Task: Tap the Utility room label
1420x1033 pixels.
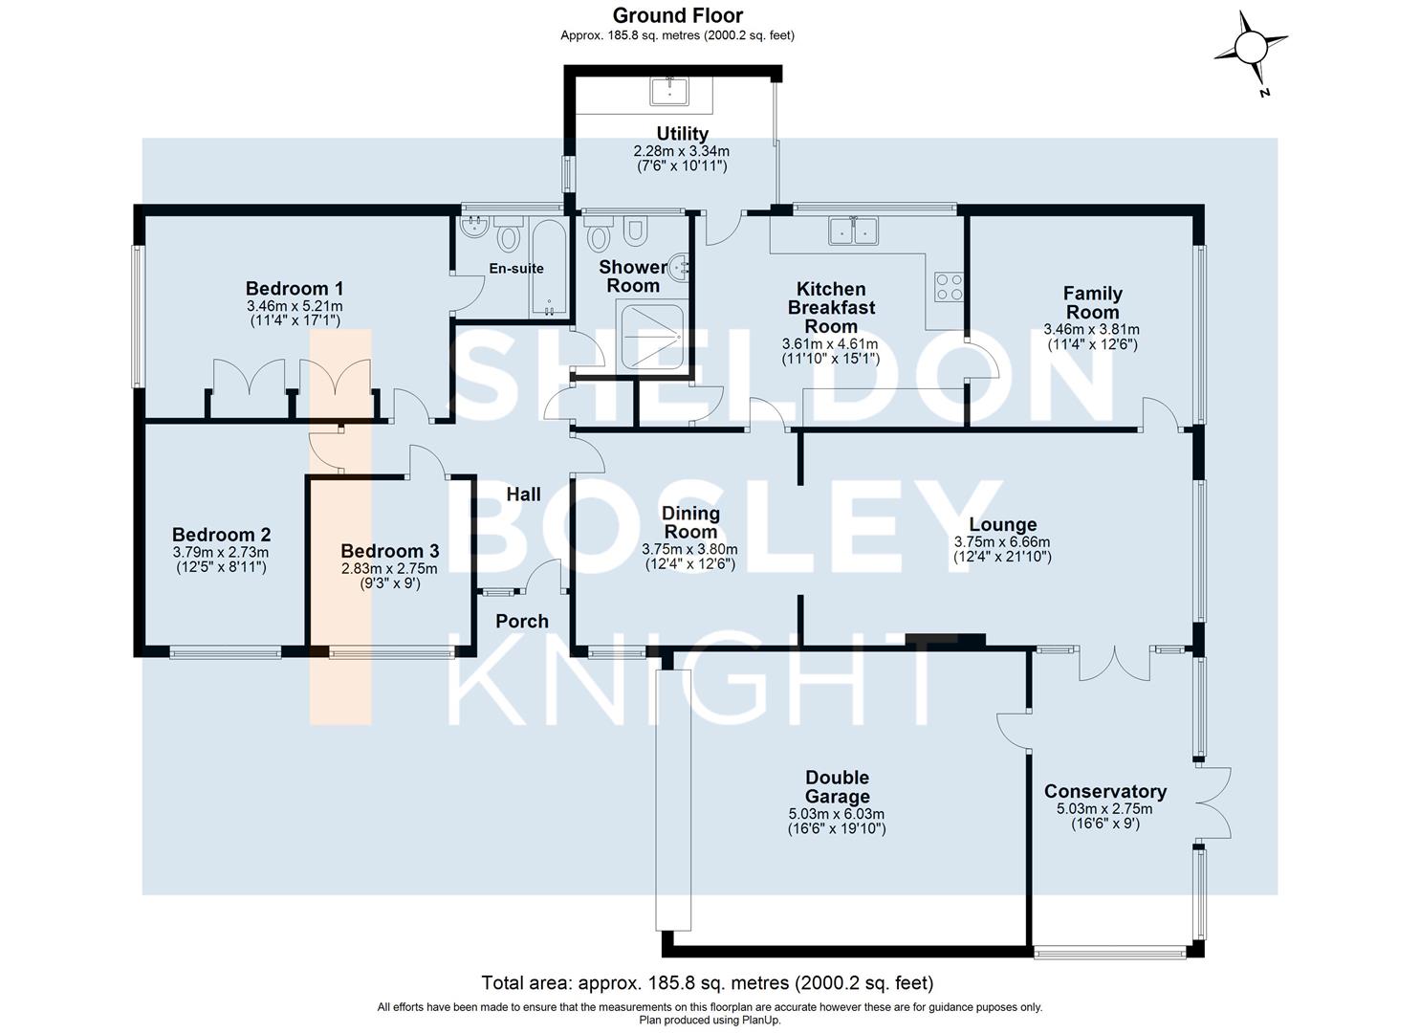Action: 682,134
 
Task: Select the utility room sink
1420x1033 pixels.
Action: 668,91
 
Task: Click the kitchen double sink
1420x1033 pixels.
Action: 853,231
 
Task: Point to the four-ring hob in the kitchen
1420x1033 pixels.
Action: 949,286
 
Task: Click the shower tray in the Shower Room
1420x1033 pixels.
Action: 651,338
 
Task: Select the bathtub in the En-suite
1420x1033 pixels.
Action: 549,268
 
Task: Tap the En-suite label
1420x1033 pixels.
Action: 516,268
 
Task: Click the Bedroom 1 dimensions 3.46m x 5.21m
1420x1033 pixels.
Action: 295,306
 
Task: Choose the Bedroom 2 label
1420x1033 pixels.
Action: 221,535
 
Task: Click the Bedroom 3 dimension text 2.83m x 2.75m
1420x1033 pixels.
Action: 389,568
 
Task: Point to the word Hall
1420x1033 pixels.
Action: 524,494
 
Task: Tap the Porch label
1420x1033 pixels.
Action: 522,621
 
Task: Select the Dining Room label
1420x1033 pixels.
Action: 690,522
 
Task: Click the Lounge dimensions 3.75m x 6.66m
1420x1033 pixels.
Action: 1002,542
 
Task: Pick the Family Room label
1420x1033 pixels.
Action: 1092,302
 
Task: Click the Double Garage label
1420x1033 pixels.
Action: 837,786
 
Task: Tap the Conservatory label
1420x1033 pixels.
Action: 1105,791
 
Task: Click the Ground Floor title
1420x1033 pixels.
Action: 678,15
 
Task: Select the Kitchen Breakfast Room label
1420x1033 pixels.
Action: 831,308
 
